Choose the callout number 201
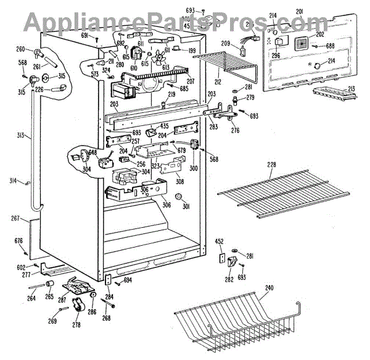coord(300,12)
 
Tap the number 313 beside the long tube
coord(20,136)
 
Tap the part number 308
coord(180,182)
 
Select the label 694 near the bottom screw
coord(128,280)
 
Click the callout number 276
coord(234,130)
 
